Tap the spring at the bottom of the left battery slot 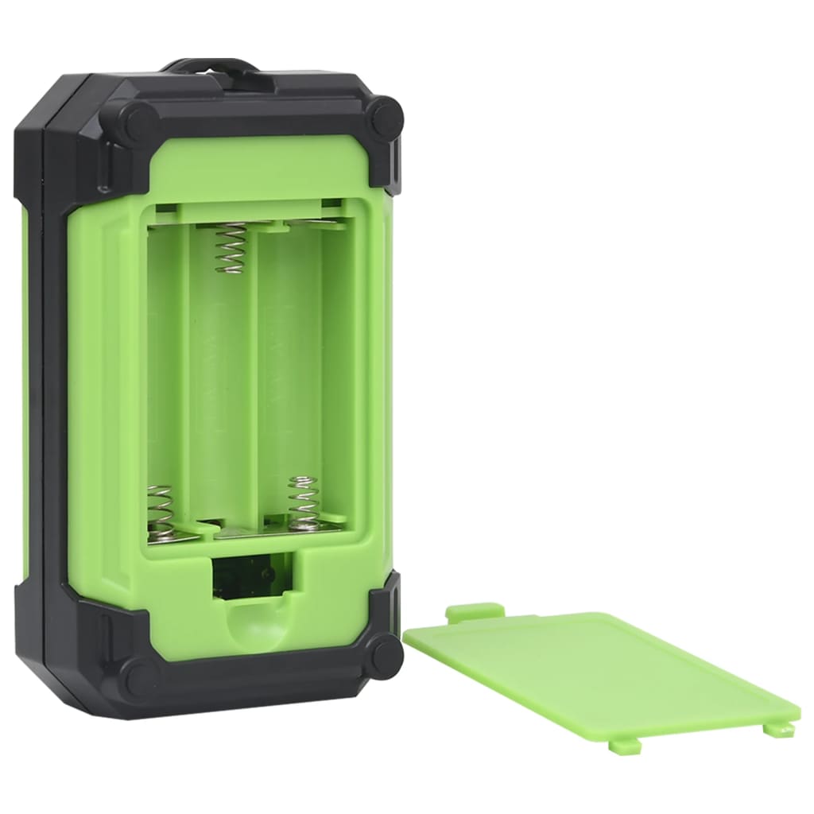161,513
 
